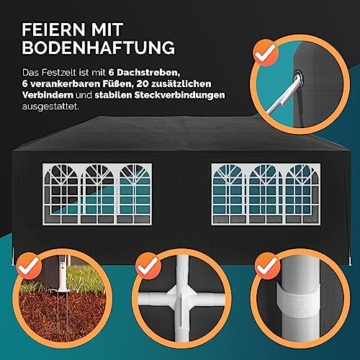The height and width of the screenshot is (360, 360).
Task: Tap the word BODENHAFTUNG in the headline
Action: tap(98, 48)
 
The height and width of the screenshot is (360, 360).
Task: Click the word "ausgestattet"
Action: tap(51, 107)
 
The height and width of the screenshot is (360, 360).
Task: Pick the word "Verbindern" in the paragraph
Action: tap(48, 95)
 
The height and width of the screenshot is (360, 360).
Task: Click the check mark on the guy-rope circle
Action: tap(265, 52)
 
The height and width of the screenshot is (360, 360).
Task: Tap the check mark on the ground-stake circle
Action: tap(29, 265)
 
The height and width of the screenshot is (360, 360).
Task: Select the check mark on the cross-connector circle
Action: tap(148, 266)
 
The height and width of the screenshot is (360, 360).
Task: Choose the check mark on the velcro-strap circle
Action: tap(267, 266)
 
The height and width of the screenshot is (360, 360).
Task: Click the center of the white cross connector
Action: tap(182, 298)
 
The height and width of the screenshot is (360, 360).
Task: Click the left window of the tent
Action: tap(97, 194)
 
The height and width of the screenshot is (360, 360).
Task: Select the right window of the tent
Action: tap(266, 194)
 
